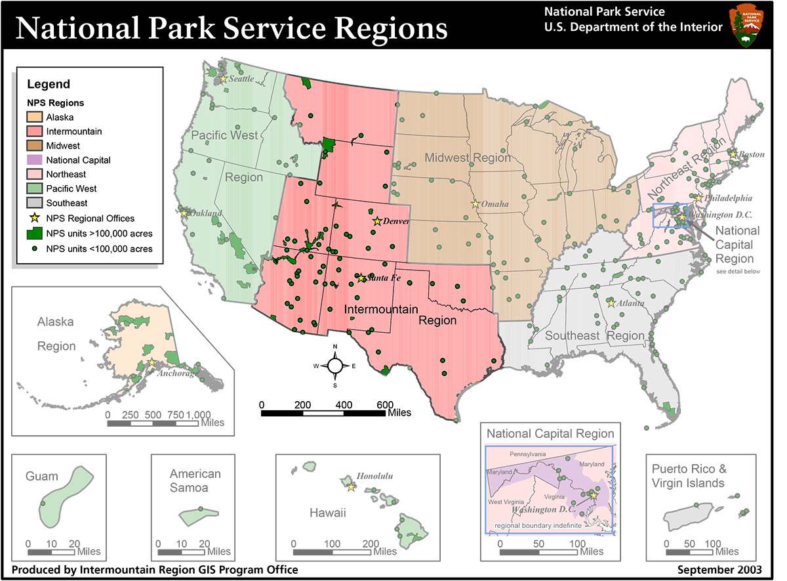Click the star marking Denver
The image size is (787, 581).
(377, 221)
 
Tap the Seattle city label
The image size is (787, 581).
(240, 79)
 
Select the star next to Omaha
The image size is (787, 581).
(475, 204)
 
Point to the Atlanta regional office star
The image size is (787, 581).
(611, 303)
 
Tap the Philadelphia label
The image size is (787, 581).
(729, 198)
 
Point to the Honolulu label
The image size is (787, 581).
(374, 476)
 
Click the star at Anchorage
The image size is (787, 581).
(151, 362)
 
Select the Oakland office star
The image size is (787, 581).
(184, 213)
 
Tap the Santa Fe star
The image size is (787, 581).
(361, 278)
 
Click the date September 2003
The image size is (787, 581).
(719, 569)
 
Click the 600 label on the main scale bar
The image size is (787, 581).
(384, 404)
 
